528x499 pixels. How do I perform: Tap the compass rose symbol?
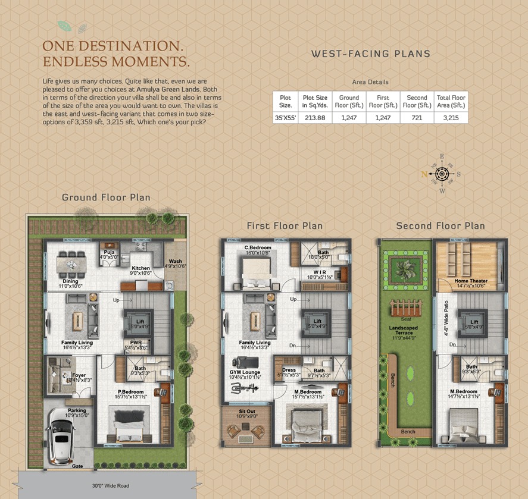442,174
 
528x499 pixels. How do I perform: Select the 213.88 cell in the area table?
315,117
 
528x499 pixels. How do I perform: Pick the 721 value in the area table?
417,117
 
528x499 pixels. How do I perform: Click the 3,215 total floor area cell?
451,117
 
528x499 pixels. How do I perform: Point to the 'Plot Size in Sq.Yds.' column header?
315,101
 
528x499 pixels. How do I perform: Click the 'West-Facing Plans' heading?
370,54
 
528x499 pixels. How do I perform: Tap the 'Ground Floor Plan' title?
106,197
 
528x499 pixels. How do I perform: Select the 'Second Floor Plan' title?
440,226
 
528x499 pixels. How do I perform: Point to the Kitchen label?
140,269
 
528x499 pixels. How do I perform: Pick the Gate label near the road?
77,466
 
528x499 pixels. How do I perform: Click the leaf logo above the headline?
73,27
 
